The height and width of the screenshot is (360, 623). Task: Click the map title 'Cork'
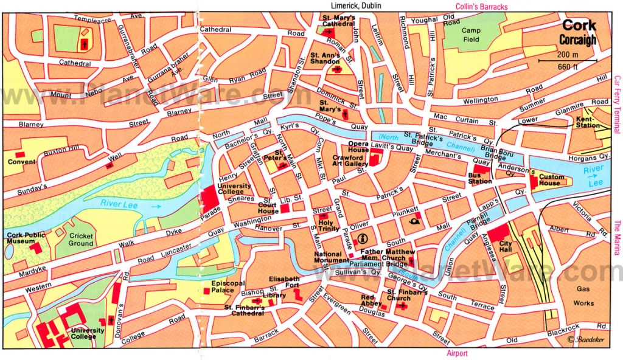tap(578, 26)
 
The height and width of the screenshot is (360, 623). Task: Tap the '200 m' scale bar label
tap(568, 55)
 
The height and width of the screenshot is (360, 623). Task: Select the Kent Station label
tap(588, 122)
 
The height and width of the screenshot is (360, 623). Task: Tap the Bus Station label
tap(479, 178)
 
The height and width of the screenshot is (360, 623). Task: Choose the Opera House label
tap(358, 147)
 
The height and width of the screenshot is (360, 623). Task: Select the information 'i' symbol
tap(363, 238)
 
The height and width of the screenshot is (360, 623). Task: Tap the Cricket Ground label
tap(81, 240)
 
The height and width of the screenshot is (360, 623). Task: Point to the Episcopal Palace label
tap(228, 286)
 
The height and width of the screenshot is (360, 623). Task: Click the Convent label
tap(21, 162)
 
